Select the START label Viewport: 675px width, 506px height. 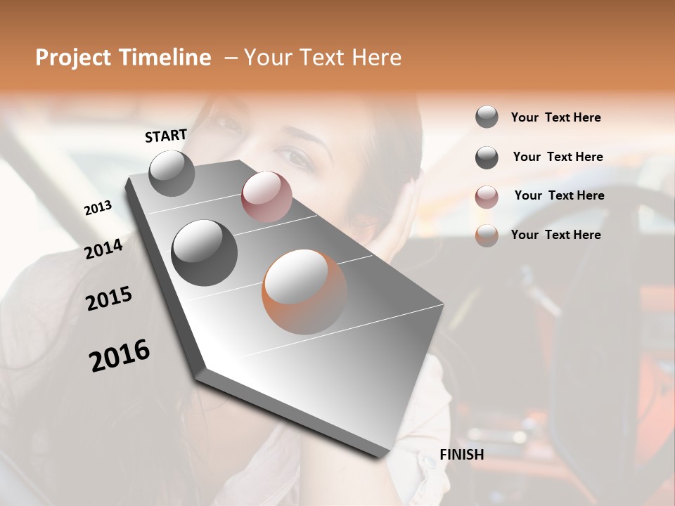(166, 136)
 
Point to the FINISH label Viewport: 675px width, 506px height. (461, 455)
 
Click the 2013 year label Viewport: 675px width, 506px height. (98, 208)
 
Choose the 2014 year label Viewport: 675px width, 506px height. (103, 249)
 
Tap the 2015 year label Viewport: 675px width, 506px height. (109, 299)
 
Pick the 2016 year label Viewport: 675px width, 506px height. (120, 356)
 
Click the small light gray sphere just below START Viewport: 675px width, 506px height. (172, 173)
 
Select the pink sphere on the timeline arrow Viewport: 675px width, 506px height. (266, 197)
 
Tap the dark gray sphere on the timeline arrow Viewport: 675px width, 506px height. (205, 253)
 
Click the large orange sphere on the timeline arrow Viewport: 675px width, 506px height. (304, 292)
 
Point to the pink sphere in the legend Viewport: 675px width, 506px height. (487, 197)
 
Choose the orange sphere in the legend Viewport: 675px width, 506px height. (487, 235)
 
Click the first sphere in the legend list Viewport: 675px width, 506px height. (487, 117)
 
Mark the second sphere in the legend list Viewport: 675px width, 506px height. (487, 157)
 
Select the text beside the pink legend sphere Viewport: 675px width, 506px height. (559, 195)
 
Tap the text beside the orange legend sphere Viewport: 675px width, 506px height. (555, 235)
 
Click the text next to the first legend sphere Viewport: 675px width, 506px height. (555, 117)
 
